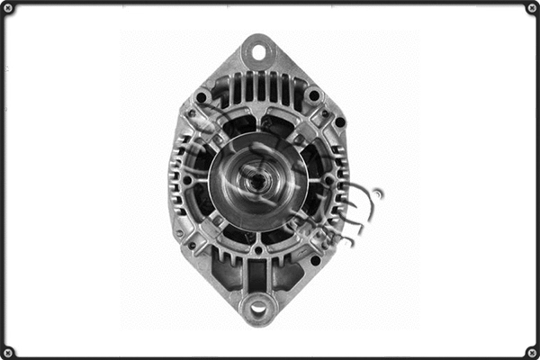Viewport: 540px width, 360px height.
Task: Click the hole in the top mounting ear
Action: (258, 51)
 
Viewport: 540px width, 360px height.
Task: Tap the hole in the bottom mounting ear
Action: (258, 309)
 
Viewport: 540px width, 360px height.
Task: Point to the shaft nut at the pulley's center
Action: (257, 181)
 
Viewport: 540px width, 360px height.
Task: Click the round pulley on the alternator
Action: (257, 181)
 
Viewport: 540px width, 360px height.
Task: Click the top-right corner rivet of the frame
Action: (531, 9)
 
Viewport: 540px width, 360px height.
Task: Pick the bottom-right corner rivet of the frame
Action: (531, 351)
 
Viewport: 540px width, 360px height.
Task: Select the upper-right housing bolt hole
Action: (313, 95)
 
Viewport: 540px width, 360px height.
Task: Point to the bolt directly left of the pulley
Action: (187, 180)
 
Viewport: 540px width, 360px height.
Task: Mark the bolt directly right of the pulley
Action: (328, 180)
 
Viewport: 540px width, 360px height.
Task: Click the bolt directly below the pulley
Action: (258, 249)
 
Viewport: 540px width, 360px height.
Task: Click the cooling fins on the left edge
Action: (176, 180)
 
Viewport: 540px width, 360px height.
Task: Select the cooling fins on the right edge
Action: (339, 180)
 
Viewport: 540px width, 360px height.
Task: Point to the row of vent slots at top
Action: (258, 87)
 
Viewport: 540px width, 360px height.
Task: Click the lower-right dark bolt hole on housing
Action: (315, 260)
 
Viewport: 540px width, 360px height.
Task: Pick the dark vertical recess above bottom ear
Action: (258, 273)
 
